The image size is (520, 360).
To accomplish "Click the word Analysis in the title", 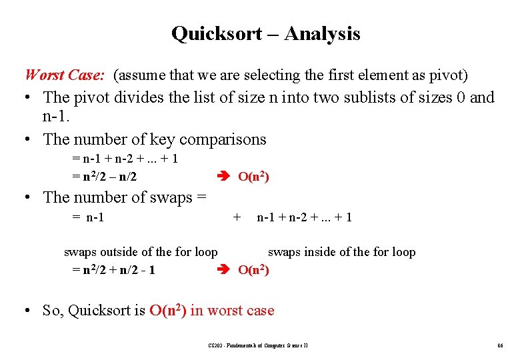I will click(x=322, y=33).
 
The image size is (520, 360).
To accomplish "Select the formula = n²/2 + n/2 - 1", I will click(x=113, y=269).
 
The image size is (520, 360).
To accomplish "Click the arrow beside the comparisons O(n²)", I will click(x=224, y=177).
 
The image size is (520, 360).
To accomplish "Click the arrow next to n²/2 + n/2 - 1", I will click(x=224, y=269).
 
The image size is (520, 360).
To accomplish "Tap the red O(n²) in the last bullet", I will click(x=167, y=310).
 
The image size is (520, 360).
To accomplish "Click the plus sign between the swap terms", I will click(x=236, y=217).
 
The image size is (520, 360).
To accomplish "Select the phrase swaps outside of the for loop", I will click(x=141, y=252).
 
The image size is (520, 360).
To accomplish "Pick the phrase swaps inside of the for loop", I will click(x=341, y=252).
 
